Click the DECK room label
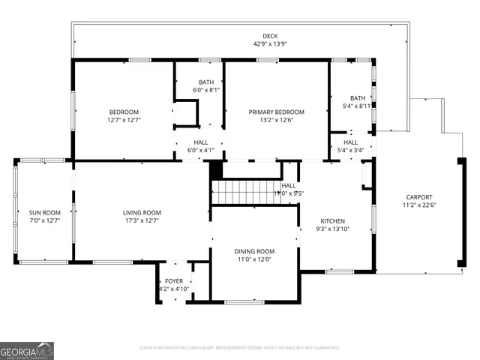(270, 36)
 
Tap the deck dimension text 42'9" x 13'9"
(270, 44)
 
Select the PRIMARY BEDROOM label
(276, 112)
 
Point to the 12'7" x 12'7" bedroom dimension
(124, 120)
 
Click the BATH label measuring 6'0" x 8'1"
(206, 82)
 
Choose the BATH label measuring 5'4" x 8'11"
(358, 98)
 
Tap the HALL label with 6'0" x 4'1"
(200, 142)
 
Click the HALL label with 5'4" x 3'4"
(351, 142)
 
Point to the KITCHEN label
(333, 221)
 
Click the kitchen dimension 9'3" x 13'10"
(333, 229)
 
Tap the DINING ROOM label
(255, 251)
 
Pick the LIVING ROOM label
(142, 213)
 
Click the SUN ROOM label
(44, 213)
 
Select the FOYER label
(174, 281)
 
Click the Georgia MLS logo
(27, 350)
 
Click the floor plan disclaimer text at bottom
(240, 347)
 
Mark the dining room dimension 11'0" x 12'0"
(255, 259)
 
